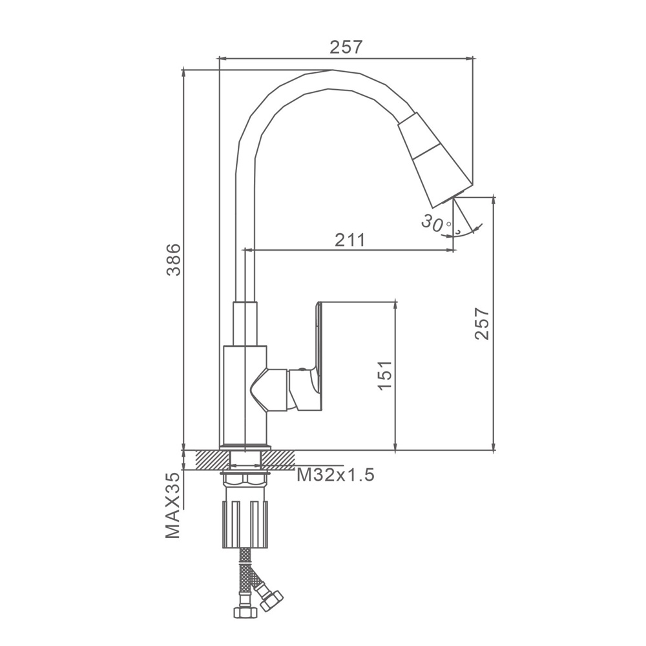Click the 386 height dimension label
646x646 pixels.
[x=173, y=259]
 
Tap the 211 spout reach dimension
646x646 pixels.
[x=349, y=240]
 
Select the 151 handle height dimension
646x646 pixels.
[x=385, y=375]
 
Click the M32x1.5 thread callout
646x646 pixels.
[x=335, y=475]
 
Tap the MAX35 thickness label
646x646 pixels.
[x=173, y=506]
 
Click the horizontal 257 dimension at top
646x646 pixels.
[x=346, y=47]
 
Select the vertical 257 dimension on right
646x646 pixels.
[x=482, y=323]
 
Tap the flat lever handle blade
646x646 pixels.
[x=318, y=354]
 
